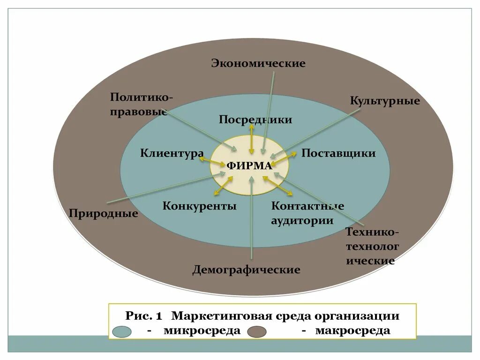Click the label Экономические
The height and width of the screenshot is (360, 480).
(258, 63)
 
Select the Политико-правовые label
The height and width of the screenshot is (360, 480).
(141, 105)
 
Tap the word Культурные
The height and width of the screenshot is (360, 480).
(385, 101)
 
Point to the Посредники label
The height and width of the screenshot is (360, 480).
(255, 120)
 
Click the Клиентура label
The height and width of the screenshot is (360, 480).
(172, 153)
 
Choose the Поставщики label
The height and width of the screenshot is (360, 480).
(338, 153)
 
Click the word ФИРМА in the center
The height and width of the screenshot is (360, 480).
(249, 166)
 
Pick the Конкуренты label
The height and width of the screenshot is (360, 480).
(200, 206)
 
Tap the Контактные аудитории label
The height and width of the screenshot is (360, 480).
(307, 213)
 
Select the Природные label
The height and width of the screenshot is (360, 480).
(104, 214)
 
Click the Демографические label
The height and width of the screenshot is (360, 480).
(246, 270)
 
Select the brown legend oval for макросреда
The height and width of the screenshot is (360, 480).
(257, 331)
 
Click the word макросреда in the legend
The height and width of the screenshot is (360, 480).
(352, 330)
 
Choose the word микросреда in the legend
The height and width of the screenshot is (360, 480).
(202, 330)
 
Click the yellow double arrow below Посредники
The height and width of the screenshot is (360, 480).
(252, 140)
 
